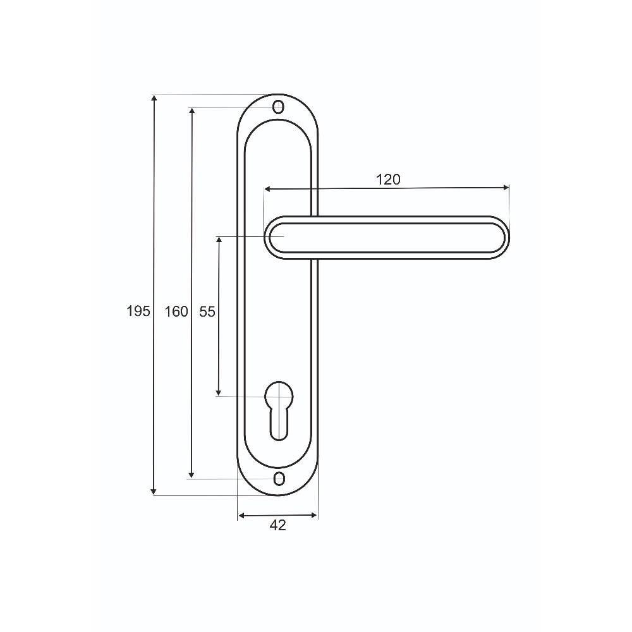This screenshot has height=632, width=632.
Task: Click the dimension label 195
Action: pyautogui.click(x=138, y=311)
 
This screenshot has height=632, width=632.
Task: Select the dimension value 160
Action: pyautogui.click(x=176, y=311)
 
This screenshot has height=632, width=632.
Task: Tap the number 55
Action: pyautogui.click(x=207, y=311)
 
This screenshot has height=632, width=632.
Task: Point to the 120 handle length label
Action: pyautogui.click(x=388, y=179)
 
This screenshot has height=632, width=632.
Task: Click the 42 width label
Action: pyautogui.click(x=277, y=525)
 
